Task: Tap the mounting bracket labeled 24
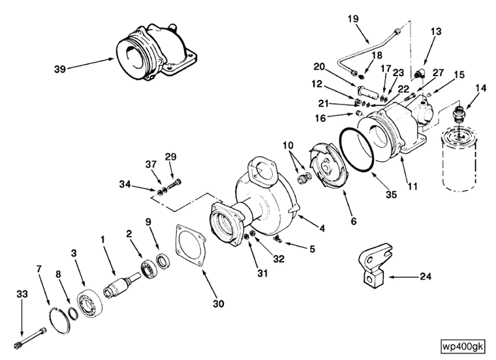tap(375, 265)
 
